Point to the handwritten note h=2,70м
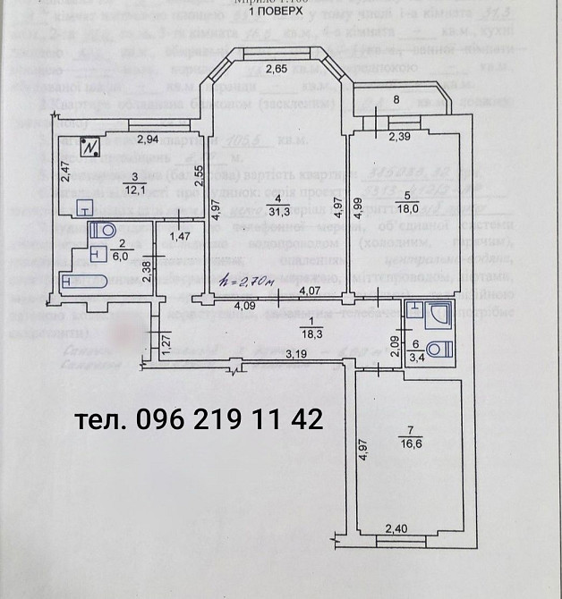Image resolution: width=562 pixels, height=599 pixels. [245, 282]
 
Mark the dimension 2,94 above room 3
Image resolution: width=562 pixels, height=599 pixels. [149, 139]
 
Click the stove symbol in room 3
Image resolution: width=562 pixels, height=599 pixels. [89, 145]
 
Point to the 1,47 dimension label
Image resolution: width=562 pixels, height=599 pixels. [182, 237]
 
